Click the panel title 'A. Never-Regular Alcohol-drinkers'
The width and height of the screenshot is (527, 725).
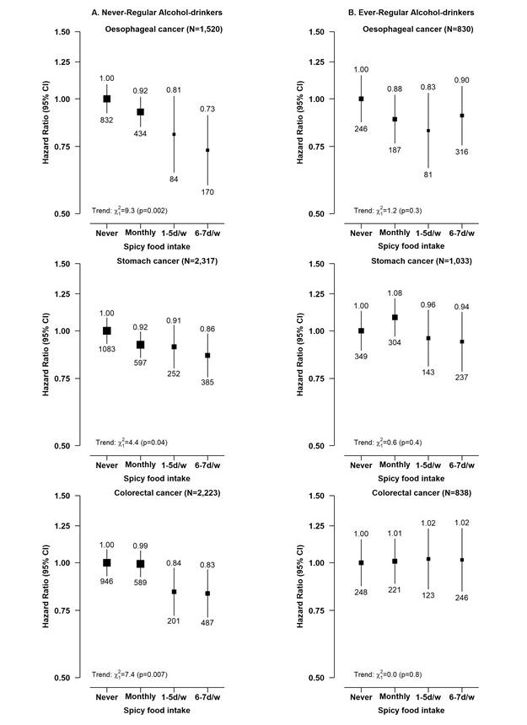coord(157,13)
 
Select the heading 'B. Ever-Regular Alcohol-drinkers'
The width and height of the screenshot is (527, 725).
coord(411,13)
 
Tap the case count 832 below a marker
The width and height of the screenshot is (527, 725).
coord(107,121)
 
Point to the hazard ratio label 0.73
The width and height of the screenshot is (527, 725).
coord(207,109)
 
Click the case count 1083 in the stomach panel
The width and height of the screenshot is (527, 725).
coord(107,349)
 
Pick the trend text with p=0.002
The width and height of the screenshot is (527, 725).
coord(130,211)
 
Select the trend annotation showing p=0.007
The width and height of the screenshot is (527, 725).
coord(130,674)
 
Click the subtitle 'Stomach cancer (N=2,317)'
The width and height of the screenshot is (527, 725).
coord(167,261)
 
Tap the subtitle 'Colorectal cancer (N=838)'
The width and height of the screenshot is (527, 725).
coord(422,493)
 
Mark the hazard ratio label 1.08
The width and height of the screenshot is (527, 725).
coord(395,293)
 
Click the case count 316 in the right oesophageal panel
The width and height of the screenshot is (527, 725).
coord(462,152)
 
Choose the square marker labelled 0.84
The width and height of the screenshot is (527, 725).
coord(175,592)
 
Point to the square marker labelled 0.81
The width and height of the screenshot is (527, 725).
coord(175,135)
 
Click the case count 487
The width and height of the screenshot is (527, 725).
coord(207,623)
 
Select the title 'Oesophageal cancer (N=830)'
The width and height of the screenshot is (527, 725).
coord(418,30)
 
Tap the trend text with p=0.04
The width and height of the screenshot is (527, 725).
coord(132,443)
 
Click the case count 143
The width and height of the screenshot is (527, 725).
coord(428,373)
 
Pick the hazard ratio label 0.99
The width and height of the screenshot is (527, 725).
coord(141,546)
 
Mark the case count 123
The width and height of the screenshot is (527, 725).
coord(428,595)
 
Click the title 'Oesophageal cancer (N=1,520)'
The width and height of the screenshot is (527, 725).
coord(164,30)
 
